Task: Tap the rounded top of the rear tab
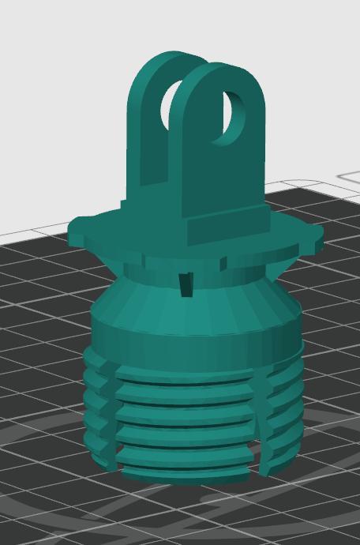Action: pyautogui.click(x=166, y=58)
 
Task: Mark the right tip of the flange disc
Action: pyautogui.click(x=321, y=234)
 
